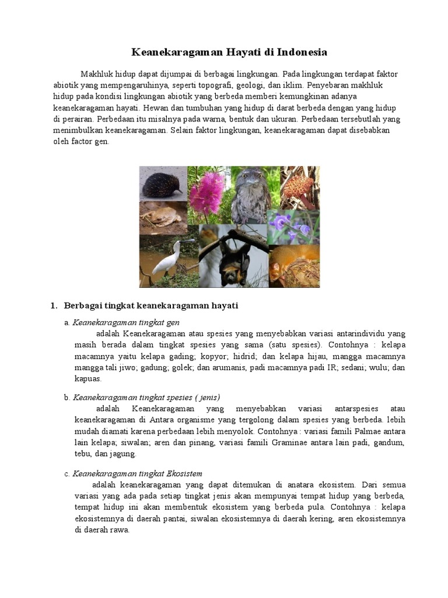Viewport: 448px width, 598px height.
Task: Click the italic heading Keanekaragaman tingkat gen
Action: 126,322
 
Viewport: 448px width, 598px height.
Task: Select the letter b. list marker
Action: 67,397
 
